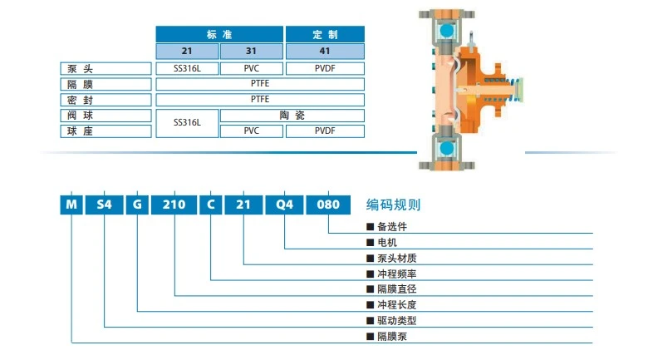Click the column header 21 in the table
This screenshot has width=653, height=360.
click(188, 51)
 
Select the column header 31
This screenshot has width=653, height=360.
click(252, 51)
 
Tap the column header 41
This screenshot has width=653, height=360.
click(325, 51)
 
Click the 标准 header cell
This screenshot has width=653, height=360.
click(219, 34)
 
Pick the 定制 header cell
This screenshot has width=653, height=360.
click(325, 34)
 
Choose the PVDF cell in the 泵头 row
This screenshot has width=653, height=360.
click(325, 67)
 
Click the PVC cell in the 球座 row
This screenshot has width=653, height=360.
click(252, 131)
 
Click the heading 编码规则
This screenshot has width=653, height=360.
click(394, 205)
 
